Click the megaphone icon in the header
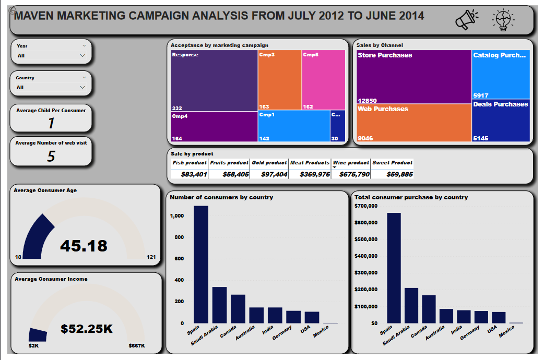466,20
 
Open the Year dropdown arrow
82,55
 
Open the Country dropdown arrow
82,87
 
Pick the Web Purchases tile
413,123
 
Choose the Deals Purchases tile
501,121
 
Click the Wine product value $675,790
351,174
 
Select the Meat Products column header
310,163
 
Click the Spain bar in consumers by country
201,265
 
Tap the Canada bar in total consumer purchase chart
429,309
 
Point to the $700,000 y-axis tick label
366,206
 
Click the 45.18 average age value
84,246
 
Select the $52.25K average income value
87,329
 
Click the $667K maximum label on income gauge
137,346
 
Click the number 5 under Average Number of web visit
51,156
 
